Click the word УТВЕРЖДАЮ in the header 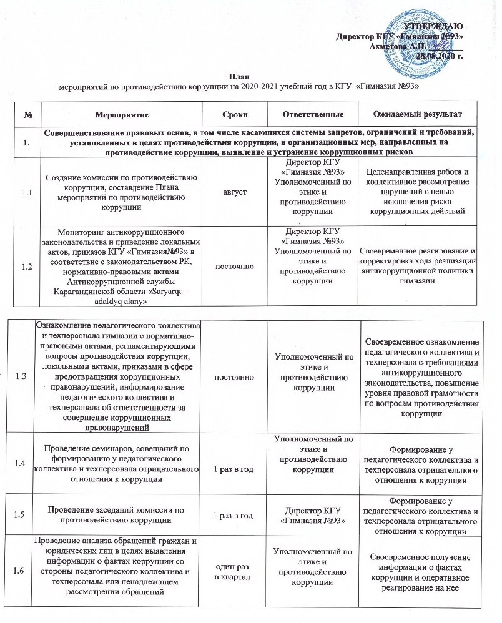tap(433, 26)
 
